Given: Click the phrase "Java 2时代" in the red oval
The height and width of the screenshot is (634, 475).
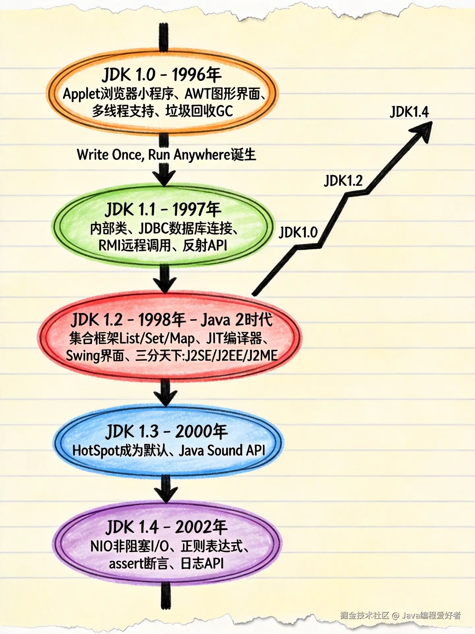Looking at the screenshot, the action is coord(237,320).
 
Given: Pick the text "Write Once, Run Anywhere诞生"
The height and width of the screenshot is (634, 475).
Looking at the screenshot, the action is coord(166,155).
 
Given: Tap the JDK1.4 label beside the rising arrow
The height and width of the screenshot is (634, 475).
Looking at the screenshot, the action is coord(409,112).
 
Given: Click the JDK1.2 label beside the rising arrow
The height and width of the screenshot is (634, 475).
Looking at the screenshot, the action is coord(343,181).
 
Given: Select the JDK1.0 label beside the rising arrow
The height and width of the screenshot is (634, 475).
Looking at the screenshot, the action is coord(298,232).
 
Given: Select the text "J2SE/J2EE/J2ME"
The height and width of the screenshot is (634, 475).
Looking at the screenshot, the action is coord(231,356).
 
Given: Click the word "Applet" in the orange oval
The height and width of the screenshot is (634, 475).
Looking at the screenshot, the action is coord(79,94).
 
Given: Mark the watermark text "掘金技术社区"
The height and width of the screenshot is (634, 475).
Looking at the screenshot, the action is coord(365,615).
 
